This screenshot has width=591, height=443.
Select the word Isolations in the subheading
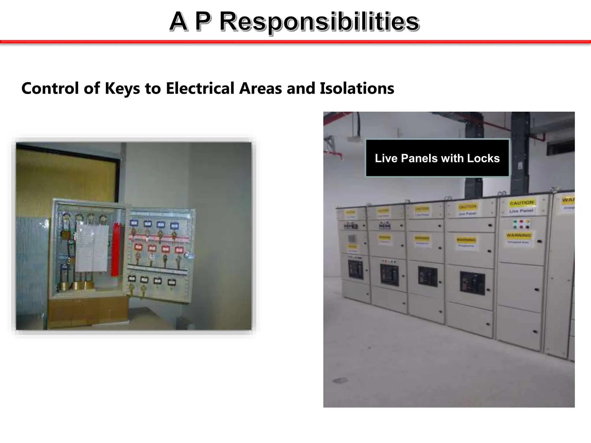(357, 88)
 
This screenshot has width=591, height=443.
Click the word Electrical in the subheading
(200, 88)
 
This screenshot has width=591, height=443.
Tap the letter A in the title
(178, 22)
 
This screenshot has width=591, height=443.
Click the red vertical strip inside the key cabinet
(116, 249)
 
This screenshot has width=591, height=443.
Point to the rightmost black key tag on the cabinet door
(172, 282)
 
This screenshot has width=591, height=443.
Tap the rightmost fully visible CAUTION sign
(522, 203)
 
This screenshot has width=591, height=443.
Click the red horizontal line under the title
(295, 42)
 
